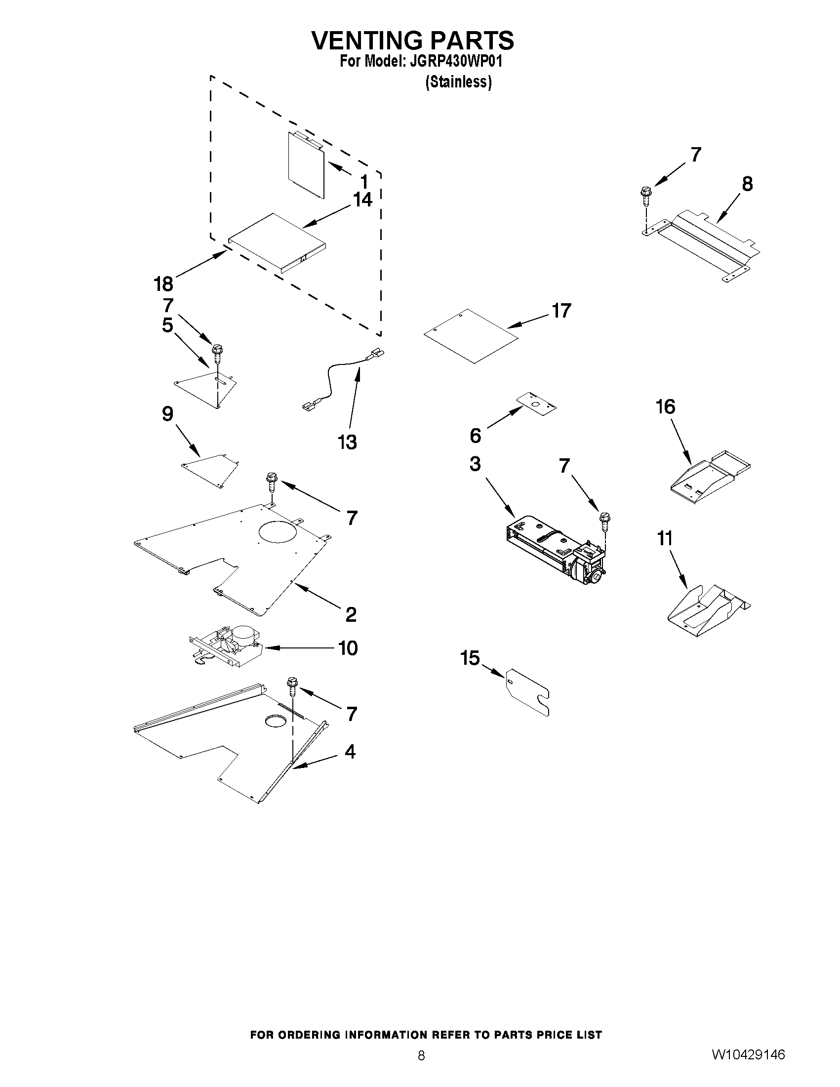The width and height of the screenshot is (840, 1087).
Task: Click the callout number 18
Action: (x=163, y=284)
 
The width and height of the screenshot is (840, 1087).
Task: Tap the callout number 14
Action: (x=362, y=200)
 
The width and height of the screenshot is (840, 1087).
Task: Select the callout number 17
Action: (x=561, y=311)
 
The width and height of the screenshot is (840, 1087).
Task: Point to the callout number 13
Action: (x=347, y=442)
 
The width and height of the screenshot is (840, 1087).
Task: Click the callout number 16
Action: (x=666, y=407)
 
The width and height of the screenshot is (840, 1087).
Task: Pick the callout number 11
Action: (x=665, y=538)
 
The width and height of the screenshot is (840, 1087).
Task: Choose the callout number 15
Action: (x=470, y=658)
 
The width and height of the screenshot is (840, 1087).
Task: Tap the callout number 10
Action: (x=348, y=648)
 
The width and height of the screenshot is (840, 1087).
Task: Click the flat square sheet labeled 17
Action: (x=471, y=336)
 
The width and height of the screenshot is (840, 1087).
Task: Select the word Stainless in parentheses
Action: (x=458, y=82)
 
